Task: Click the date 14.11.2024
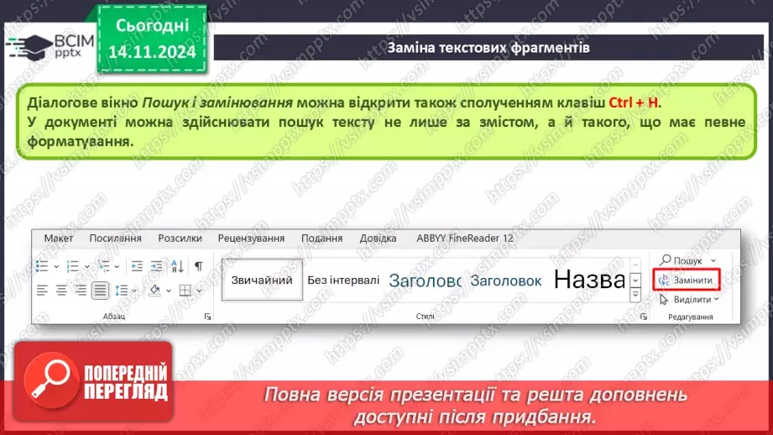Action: [151, 52]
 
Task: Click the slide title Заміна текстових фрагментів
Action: [488, 48]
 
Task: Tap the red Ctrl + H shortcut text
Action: [634, 102]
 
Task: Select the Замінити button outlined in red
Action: [687, 280]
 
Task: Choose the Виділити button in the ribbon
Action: [687, 299]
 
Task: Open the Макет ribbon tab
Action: [59, 238]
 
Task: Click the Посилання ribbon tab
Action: [115, 238]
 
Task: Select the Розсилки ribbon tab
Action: [180, 238]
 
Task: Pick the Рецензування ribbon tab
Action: [251, 238]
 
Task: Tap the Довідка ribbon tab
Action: [378, 238]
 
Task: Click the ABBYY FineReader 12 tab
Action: [465, 238]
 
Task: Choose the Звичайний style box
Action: [262, 280]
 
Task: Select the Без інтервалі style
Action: [342, 280]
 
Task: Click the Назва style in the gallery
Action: [588, 280]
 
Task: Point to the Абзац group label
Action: [113, 317]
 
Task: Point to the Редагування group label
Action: [690, 317]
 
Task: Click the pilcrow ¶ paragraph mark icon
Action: [199, 265]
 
